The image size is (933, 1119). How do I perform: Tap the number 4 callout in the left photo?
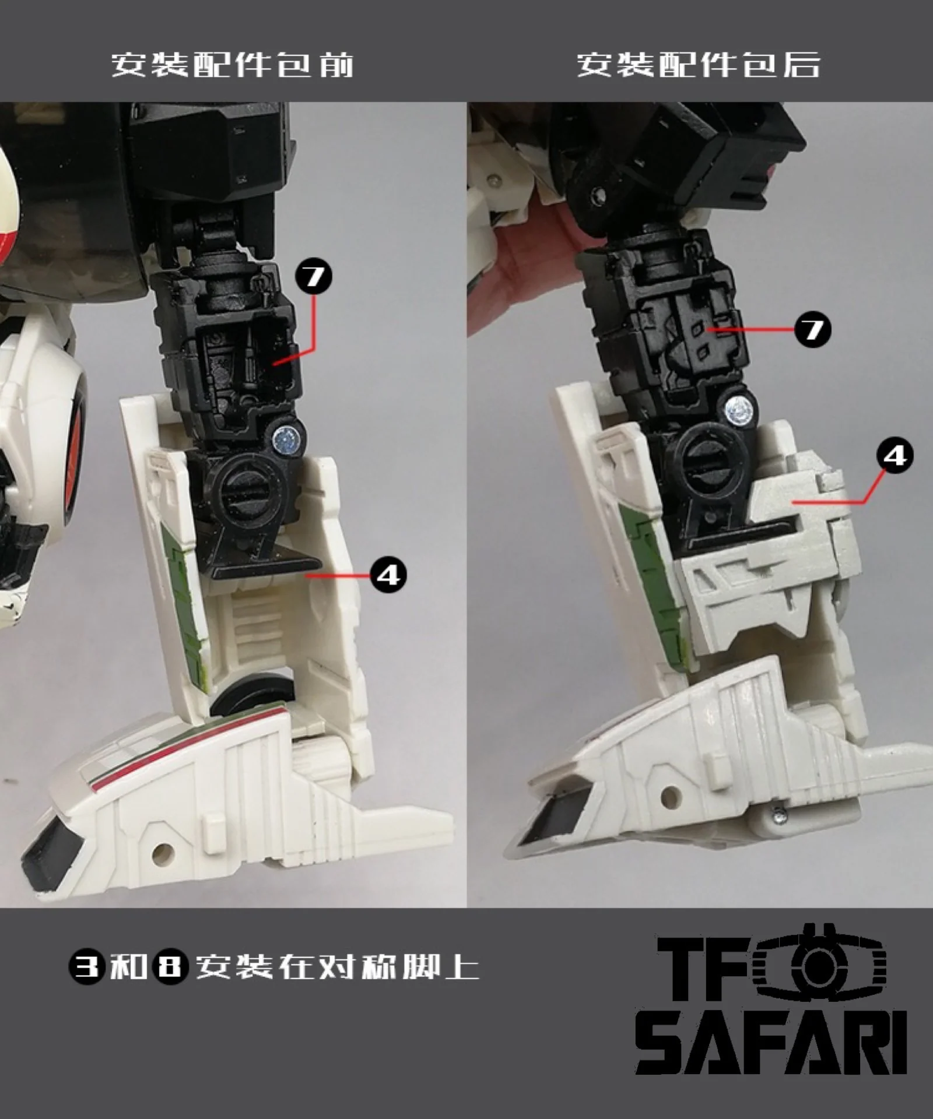[x=388, y=575]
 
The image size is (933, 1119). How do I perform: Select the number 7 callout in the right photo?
[x=812, y=330]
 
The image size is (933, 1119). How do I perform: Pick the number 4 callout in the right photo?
[x=895, y=455]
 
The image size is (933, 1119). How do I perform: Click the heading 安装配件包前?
[x=233, y=64]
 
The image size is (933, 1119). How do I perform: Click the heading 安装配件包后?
[x=699, y=64]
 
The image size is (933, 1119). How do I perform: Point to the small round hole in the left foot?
[x=162, y=853]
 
